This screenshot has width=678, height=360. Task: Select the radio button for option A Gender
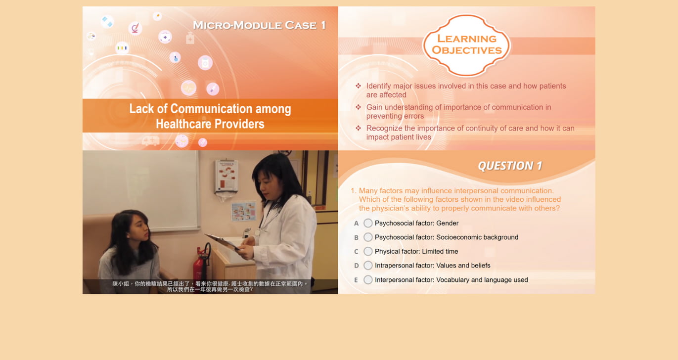(368, 223)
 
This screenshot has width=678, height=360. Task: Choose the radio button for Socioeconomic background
(368, 237)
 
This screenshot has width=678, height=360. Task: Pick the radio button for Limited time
(368, 251)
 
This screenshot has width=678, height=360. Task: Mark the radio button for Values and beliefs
(368, 266)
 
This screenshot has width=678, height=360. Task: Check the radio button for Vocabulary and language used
(368, 280)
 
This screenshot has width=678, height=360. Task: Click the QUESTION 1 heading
(510, 166)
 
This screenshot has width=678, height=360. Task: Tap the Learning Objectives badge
(466, 45)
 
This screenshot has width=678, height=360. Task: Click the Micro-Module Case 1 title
(260, 25)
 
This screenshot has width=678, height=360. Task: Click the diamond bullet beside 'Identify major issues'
(359, 86)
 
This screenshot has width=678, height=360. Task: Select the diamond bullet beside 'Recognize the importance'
(359, 128)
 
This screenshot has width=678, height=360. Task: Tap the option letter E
(356, 280)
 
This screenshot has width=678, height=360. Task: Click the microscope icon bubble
(135, 28)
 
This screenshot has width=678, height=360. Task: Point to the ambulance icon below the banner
(151, 141)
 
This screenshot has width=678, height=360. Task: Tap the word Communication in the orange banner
(211, 109)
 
